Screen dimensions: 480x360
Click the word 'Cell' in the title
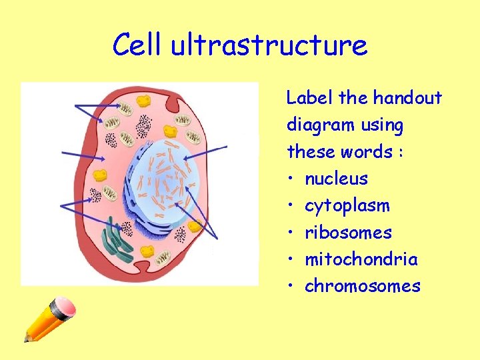(x=138, y=45)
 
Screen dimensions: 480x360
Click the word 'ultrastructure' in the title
(x=269, y=45)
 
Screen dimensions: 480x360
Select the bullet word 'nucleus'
(x=336, y=179)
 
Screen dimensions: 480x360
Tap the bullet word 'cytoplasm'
(x=347, y=206)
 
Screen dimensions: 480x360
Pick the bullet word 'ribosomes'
(x=348, y=233)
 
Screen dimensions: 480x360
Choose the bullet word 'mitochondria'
(x=361, y=259)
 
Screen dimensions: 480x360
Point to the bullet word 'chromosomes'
(x=362, y=286)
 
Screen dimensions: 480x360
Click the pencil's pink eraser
(x=63, y=309)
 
